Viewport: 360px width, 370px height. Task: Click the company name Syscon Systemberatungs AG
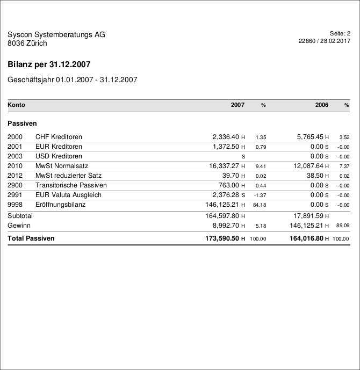56,35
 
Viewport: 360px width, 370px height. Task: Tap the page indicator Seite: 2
340,33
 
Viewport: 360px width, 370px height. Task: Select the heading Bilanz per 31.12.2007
49,64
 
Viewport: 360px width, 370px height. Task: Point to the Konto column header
16,105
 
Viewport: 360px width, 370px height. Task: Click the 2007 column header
237,105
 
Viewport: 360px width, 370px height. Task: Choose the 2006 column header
321,105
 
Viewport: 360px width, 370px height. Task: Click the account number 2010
15,166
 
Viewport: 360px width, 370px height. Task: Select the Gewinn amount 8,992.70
226,226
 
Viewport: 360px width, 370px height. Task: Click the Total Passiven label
31,238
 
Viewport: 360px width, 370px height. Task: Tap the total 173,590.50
222,238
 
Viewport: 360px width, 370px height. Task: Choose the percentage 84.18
260,205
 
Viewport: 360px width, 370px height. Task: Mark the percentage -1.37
260,195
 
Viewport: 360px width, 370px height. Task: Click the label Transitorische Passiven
71,185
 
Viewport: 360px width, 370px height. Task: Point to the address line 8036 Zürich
27,43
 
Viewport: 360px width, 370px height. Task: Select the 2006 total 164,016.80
306,238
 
